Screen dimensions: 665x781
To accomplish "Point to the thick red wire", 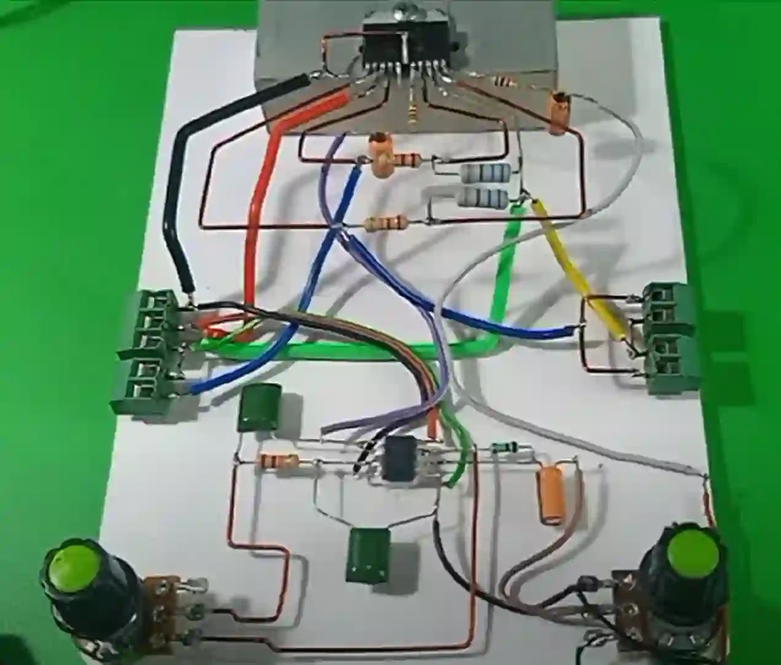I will tap(258, 203).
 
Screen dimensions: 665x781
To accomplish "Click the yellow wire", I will tap(575, 265).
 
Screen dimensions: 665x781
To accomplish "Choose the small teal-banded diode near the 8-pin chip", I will tap(503, 449).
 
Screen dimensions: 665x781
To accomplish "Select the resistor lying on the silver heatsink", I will tap(503, 81).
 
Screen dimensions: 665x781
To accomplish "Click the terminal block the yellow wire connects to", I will tap(672, 336).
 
